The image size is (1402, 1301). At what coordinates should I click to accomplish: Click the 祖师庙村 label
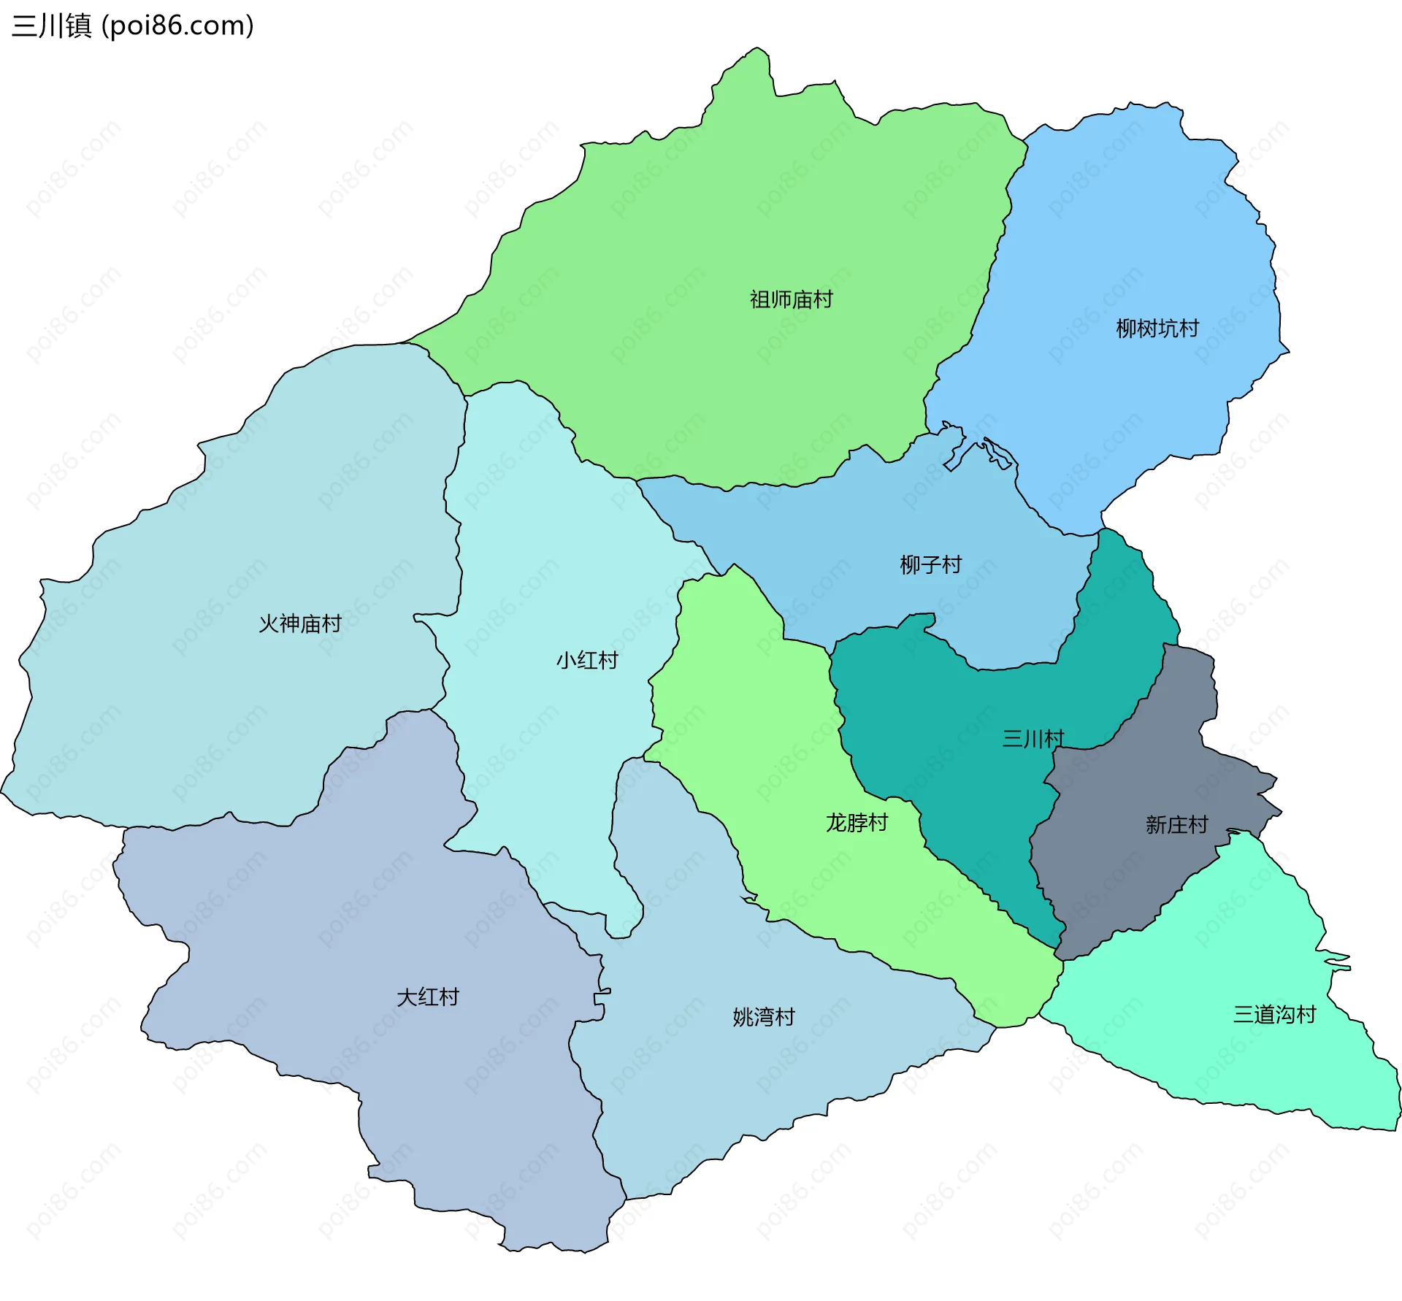pyautogui.click(x=791, y=299)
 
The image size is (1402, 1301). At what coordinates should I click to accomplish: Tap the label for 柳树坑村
pyautogui.click(x=1157, y=329)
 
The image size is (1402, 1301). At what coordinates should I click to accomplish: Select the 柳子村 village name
pyautogui.click(x=930, y=564)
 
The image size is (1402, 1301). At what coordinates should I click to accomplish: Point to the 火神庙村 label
pyautogui.click(x=300, y=623)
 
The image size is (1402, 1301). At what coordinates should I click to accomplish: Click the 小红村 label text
pyautogui.click(x=587, y=660)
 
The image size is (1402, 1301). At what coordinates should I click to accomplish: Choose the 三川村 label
pyautogui.click(x=1033, y=739)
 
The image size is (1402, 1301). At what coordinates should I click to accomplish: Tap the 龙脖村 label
pyautogui.click(x=857, y=823)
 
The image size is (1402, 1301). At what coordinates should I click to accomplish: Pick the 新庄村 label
pyautogui.click(x=1176, y=825)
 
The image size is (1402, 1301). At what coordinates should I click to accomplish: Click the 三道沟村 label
pyautogui.click(x=1274, y=1014)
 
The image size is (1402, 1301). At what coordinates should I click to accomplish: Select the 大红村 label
pyautogui.click(x=427, y=997)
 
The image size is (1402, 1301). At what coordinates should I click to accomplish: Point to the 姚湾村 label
pyautogui.click(x=763, y=1017)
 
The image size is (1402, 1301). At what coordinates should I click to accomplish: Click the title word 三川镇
pyautogui.click(x=52, y=26)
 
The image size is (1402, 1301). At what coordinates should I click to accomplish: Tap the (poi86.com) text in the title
pyautogui.click(x=177, y=26)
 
